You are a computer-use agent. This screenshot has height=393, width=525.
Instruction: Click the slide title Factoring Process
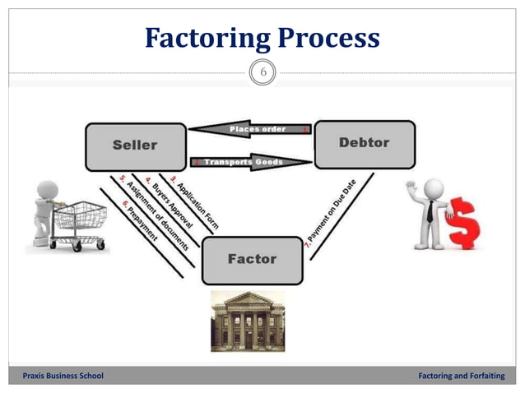[262, 37]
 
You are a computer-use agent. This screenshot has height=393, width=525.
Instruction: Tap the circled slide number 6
[262, 73]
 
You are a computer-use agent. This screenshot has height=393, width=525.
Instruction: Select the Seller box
[135, 146]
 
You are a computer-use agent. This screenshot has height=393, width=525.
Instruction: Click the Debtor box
[364, 144]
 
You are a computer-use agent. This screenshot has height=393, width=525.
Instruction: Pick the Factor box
[251, 260]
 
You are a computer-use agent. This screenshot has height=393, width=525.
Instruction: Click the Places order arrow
[251, 130]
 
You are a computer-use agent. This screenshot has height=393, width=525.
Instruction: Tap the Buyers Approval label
[169, 203]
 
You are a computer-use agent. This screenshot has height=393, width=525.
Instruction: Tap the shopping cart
[78, 222]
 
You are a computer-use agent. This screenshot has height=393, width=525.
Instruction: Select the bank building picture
[248, 321]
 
